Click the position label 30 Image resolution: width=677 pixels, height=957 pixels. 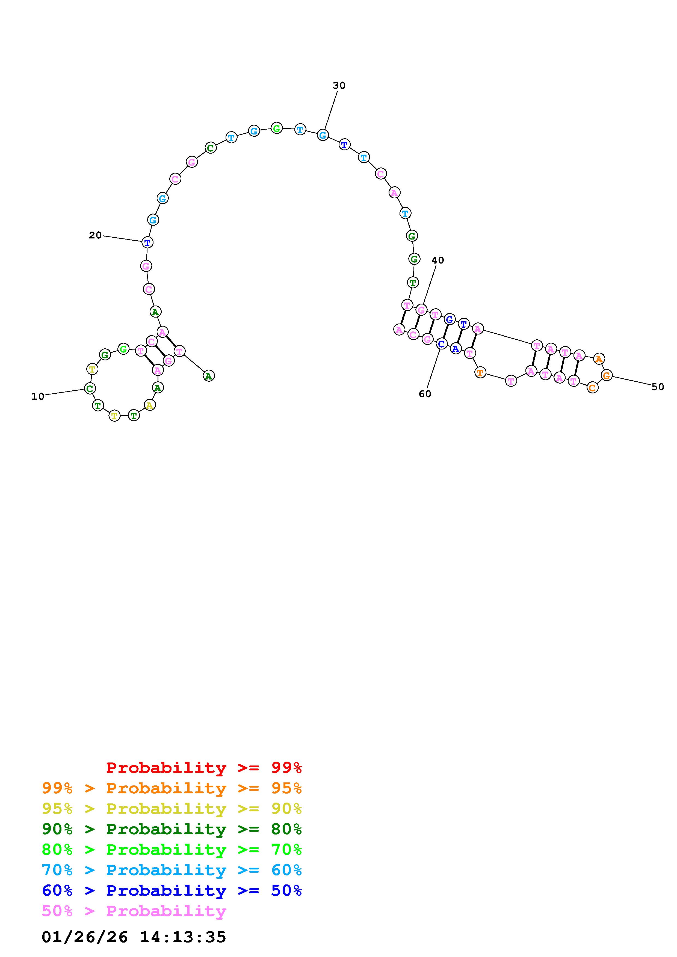tap(339, 85)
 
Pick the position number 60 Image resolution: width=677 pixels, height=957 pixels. tap(425, 394)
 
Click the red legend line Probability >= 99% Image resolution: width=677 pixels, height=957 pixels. tap(204, 767)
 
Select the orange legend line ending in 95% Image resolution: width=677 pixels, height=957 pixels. tap(172, 788)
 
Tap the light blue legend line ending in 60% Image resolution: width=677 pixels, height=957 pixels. tap(172, 870)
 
